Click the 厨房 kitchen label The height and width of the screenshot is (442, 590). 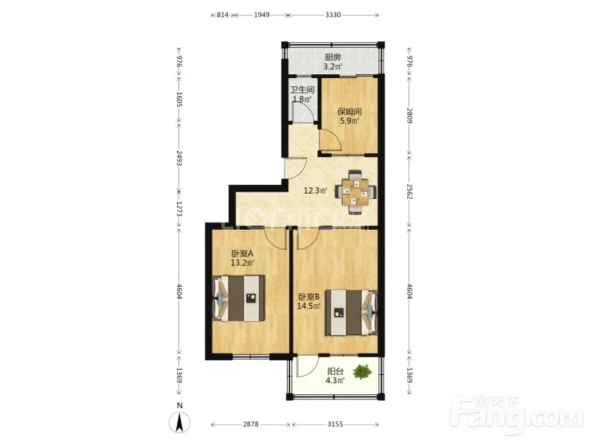pyautogui.click(x=333, y=57)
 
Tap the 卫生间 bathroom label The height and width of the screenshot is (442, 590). pyautogui.click(x=302, y=90)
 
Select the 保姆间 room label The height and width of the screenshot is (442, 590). pyautogui.click(x=350, y=112)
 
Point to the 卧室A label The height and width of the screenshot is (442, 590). pyautogui.click(x=243, y=253)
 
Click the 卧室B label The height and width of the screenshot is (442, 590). pyautogui.click(x=309, y=297)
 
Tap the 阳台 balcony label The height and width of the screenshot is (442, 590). pyautogui.click(x=335, y=371)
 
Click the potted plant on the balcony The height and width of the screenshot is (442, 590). pyautogui.click(x=362, y=371)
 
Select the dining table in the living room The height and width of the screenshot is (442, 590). pyautogui.click(x=355, y=192)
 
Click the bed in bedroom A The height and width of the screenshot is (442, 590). pyautogui.click(x=238, y=298)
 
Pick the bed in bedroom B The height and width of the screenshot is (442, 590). pyautogui.click(x=352, y=312)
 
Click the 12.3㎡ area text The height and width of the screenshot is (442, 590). pyautogui.click(x=315, y=191)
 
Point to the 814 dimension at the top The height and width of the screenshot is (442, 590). pyautogui.click(x=223, y=15)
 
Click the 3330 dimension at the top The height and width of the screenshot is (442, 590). pyautogui.click(x=333, y=15)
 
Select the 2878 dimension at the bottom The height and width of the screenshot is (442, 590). pyautogui.click(x=251, y=424)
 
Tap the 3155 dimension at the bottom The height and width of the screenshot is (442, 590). pyautogui.click(x=335, y=424)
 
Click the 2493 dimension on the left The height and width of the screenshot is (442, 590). pyautogui.click(x=179, y=158)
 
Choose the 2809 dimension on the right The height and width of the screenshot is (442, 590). pyautogui.click(x=410, y=116)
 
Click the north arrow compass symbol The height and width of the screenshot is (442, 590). pyautogui.click(x=179, y=422)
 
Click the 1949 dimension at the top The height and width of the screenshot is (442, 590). pyautogui.click(x=262, y=15)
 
